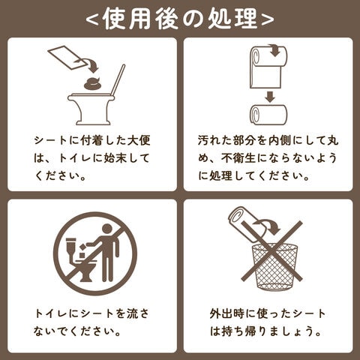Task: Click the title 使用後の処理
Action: [180, 19]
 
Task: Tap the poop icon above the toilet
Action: [93, 83]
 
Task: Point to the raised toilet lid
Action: [118, 79]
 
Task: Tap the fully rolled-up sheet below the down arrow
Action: [268, 115]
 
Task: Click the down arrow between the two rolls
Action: [269, 97]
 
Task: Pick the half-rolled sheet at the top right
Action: [268, 67]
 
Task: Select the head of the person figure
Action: [107, 229]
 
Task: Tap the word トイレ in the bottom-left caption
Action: [51, 313]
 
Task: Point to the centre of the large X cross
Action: [272, 251]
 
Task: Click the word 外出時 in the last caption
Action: [226, 313]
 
